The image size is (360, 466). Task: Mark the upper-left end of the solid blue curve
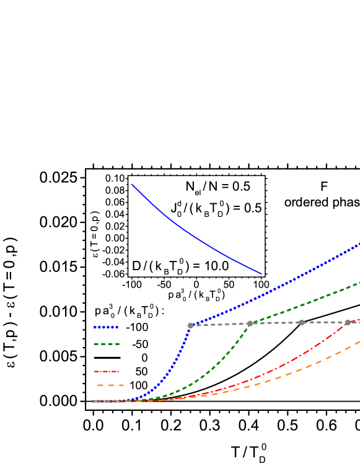pyautogui.click(x=131, y=184)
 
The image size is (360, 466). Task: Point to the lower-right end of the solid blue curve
pyautogui.click(x=261, y=274)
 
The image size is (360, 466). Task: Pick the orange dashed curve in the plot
pyautogui.click(x=297, y=370)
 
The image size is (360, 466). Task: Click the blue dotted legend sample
pyautogui.click(x=106, y=327)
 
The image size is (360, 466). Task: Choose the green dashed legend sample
pyautogui.click(x=106, y=344)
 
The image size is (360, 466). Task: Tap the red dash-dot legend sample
pyautogui.click(x=106, y=372)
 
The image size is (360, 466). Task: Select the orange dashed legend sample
pyautogui.click(x=110, y=385)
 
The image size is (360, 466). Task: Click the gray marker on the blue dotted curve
pyautogui.click(x=190, y=325)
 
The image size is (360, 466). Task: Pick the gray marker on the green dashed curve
pyautogui.click(x=250, y=323)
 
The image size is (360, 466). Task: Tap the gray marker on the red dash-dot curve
pyautogui.click(x=348, y=322)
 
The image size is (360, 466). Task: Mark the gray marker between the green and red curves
pyautogui.click(x=302, y=322)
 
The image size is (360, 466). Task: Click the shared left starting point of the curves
pyautogui.click(x=94, y=402)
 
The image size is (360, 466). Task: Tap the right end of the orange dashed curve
pyautogui.click(x=359, y=341)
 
